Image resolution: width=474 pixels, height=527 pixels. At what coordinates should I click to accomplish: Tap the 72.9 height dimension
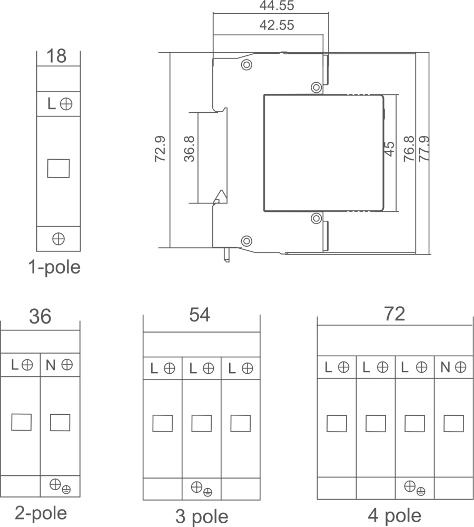tap(161, 149)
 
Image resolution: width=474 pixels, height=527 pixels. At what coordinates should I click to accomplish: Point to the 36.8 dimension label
tap(190, 149)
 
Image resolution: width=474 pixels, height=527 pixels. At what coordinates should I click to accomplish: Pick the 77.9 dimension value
tap(423, 149)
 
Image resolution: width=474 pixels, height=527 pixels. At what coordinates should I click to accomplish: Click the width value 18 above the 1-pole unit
tap(57, 56)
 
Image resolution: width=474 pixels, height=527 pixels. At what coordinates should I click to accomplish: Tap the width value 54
tap(200, 315)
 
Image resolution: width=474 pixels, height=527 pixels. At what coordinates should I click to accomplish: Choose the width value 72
tap(394, 314)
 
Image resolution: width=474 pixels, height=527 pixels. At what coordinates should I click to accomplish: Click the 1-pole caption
tap(55, 268)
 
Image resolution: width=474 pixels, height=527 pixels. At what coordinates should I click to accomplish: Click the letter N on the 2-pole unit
tap(51, 365)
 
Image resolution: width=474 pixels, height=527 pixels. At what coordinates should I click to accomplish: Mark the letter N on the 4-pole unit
tap(445, 367)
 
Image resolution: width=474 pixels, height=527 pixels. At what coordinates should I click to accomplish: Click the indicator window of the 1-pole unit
tap(58, 169)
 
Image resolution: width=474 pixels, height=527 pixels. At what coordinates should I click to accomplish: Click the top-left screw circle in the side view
tap(246, 64)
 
